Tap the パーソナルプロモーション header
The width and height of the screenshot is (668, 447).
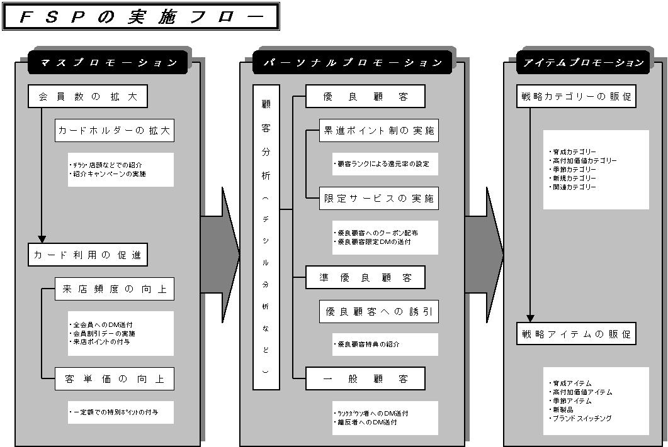click(x=353, y=63)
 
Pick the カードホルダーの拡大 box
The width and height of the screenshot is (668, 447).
click(x=114, y=131)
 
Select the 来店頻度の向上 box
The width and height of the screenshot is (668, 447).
click(x=114, y=289)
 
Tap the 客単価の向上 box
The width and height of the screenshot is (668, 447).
click(x=114, y=378)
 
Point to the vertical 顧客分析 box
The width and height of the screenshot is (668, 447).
click(x=266, y=237)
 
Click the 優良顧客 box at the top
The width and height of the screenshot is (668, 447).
click(x=365, y=97)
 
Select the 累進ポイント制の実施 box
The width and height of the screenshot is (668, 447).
click(x=378, y=131)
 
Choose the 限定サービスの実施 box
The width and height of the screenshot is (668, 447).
click(x=378, y=199)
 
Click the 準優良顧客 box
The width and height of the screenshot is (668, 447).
click(x=365, y=277)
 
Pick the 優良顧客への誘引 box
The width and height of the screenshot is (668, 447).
click(x=378, y=311)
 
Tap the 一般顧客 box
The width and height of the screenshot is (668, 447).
click(x=365, y=378)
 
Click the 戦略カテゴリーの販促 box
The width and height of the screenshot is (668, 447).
click(x=575, y=97)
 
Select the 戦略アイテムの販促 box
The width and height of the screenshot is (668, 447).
click(x=575, y=334)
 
